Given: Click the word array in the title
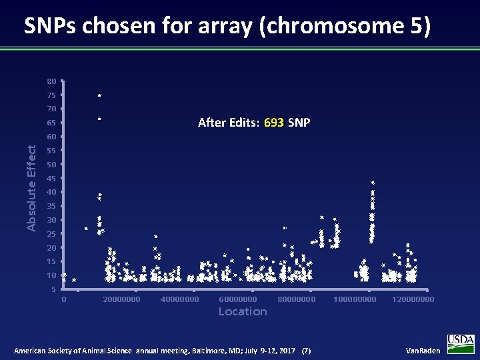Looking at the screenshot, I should tap(227, 26).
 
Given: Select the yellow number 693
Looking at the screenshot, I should tap(274, 123).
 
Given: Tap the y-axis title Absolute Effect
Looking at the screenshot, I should tap(31, 189).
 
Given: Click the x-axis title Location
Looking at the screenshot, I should tap(243, 311).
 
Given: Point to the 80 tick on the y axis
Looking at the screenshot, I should tap(51, 81).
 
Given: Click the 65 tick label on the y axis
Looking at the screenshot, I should tap(51, 123).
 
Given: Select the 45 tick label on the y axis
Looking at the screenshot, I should tap(51, 179).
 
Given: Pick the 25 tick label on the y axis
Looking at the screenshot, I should tap(51, 234).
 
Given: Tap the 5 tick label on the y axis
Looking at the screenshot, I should tap(53, 289).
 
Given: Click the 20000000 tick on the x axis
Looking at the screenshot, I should tap(122, 299).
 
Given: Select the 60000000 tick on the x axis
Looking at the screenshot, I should tap(237, 299).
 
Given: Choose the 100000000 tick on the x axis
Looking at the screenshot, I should tap(355, 299).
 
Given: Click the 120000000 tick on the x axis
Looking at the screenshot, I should tap(413, 299).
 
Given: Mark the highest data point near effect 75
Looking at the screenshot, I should tap(99, 96).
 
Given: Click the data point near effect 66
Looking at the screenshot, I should tap(99, 119).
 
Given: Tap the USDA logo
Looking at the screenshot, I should tap(461, 343).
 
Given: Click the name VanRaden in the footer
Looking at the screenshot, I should tap(423, 351).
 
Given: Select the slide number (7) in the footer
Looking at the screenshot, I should tap(306, 351).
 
